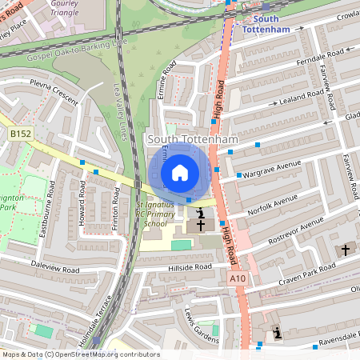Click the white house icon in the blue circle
tap(180, 173)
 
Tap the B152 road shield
tap(21, 133)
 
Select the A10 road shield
tap(236, 278)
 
